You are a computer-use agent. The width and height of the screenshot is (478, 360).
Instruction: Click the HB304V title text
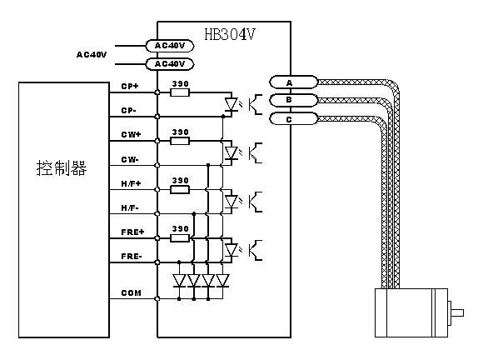230,34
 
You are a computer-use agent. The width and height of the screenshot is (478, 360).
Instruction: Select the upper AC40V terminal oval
170,46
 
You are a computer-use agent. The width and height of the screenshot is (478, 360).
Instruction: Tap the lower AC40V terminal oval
170,64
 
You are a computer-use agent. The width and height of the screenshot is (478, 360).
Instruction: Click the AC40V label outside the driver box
92,55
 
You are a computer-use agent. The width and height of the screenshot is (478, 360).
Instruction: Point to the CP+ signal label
130,86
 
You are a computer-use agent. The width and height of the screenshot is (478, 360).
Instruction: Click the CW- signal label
130,159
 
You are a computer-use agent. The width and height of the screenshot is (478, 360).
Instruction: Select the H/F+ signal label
131,183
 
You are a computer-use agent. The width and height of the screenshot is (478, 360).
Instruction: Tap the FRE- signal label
132,257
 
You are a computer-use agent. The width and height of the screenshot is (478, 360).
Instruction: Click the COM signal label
132,292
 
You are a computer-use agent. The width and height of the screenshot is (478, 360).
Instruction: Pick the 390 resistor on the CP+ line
180,92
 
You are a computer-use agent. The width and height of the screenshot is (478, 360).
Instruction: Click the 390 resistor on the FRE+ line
180,237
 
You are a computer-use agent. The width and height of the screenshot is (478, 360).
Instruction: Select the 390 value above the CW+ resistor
180,132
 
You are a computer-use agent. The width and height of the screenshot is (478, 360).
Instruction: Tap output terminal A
293,82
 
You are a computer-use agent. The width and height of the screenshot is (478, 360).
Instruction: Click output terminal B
293,100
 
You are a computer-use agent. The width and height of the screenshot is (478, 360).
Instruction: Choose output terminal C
293,118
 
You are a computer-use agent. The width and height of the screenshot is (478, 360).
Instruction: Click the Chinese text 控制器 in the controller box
62,167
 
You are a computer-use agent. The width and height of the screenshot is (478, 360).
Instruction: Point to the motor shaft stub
456,312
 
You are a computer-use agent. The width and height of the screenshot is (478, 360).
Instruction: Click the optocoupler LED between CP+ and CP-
232,104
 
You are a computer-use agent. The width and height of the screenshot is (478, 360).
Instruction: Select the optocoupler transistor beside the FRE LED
256,250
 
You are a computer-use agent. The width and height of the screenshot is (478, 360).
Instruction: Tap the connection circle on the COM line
157,298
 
